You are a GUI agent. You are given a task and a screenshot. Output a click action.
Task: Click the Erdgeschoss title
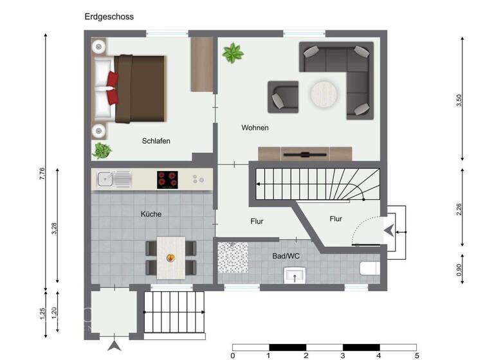coord(109,17)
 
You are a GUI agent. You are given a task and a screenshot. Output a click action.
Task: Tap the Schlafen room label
coord(156,141)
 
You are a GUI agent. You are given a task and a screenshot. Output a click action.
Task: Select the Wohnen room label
coord(255,128)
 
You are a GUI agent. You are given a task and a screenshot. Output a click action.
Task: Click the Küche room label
coord(151,214)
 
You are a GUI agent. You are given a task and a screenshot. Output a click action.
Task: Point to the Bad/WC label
coord(286,256)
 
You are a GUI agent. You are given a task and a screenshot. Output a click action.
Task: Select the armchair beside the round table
coord(283,97)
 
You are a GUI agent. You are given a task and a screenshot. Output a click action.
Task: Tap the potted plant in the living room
coord(233,53)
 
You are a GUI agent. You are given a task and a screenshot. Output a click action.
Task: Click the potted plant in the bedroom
coord(102,150)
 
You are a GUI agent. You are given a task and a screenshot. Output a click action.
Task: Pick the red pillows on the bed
coord(111,88)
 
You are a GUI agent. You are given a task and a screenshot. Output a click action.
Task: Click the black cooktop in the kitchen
coord(168,179)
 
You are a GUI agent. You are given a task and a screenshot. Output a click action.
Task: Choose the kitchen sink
coord(113,179)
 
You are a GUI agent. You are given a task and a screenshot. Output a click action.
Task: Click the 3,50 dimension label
coord(459,101)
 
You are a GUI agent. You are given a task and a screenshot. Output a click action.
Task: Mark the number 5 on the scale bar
coord(416,355)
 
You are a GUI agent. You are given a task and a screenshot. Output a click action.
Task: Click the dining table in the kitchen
coord(171,256)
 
